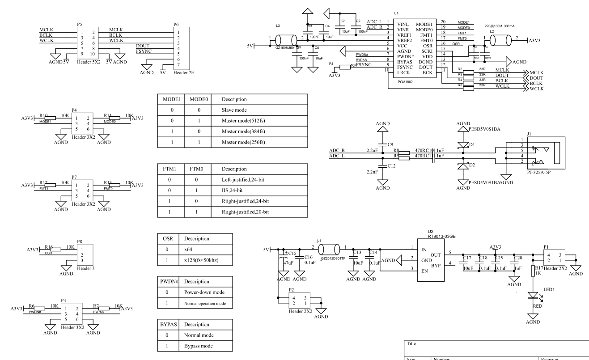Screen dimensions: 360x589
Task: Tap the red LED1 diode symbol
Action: click(533, 296)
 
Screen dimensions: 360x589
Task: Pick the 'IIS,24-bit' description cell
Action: click(232, 191)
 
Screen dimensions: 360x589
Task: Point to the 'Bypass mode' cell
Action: click(198, 346)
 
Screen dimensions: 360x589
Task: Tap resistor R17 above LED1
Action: click(533, 271)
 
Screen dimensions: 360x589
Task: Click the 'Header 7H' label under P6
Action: click(183, 73)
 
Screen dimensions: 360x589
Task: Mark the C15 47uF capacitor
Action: click(284, 260)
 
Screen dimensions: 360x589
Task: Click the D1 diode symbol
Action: click(463, 145)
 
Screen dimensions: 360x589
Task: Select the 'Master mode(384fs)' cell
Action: click(245, 131)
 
